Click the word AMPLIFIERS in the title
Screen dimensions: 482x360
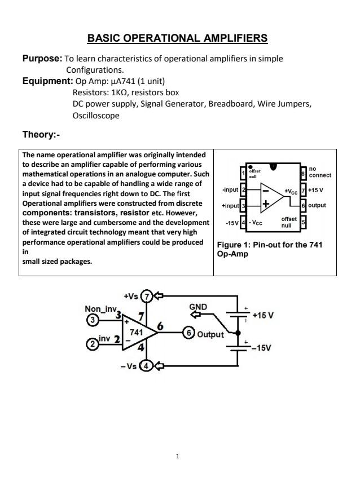click(x=231, y=38)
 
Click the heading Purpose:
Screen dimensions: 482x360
click(x=42, y=59)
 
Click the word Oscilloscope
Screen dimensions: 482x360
click(x=96, y=116)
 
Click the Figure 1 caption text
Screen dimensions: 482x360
click(x=269, y=249)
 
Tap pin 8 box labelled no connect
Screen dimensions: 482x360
click(x=304, y=171)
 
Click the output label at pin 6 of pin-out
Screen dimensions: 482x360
click(x=317, y=206)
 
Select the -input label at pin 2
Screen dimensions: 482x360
click(x=230, y=190)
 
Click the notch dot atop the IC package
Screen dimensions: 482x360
click(x=273, y=166)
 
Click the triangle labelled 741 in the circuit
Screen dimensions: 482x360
click(x=139, y=332)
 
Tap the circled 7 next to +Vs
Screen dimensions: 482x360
click(x=147, y=296)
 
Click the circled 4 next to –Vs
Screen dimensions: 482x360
click(x=146, y=366)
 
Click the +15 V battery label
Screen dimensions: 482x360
click(x=263, y=315)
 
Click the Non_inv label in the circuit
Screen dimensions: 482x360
click(x=101, y=309)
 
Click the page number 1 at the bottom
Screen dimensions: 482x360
click(x=177, y=456)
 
